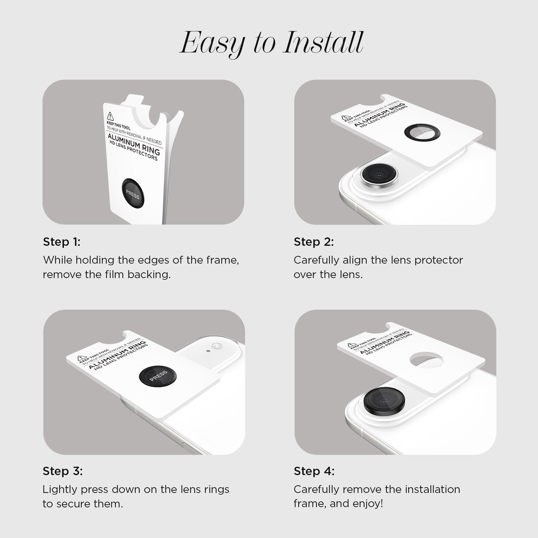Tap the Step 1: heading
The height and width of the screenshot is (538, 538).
click(62, 242)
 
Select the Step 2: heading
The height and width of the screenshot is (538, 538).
click(314, 242)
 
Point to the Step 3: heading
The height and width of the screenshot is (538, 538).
click(63, 471)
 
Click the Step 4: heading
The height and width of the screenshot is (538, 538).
click(314, 471)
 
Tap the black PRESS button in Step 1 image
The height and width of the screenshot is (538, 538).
click(133, 194)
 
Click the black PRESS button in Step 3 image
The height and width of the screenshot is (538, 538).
click(158, 376)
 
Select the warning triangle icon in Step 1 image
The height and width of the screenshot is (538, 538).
click(110, 116)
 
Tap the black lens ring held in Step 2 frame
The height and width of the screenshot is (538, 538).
click(422, 132)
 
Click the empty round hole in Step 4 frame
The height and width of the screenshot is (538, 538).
click(426, 360)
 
